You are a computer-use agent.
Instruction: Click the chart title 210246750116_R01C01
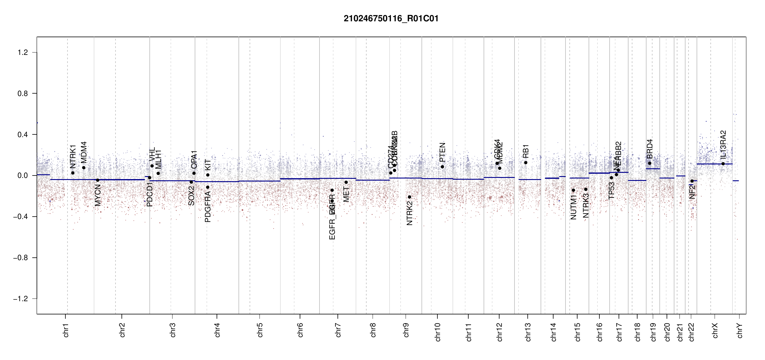391,19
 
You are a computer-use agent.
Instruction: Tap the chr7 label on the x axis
338,330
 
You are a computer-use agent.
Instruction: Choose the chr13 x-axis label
528,332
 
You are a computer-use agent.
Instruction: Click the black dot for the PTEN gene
442,167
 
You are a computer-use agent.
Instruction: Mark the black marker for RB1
526,163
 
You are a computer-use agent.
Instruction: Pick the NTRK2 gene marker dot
409,197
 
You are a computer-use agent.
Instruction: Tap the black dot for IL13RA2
723,164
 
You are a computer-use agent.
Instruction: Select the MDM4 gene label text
84,152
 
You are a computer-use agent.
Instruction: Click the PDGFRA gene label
208,207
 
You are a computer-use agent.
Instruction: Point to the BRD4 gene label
650,149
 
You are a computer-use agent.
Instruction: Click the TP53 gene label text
611,190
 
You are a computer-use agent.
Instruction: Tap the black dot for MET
346,182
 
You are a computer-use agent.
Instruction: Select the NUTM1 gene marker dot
573,190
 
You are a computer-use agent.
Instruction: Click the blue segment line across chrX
714,164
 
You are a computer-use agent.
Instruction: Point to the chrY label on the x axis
740,331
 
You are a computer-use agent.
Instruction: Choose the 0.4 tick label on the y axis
22,134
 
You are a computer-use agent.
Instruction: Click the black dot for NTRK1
73,173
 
